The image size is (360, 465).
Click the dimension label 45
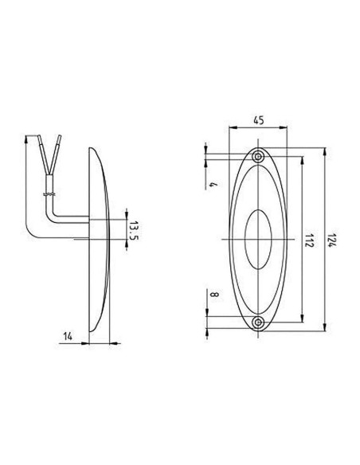(x=259, y=120)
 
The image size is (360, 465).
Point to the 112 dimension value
(x=310, y=240)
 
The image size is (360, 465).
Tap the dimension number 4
(x=213, y=184)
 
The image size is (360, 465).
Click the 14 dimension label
(x=68, y=336)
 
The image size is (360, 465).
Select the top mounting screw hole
(x=259, y=156)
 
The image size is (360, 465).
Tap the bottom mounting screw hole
(x=259, y=322)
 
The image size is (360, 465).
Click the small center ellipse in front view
(x=258, y=240)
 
